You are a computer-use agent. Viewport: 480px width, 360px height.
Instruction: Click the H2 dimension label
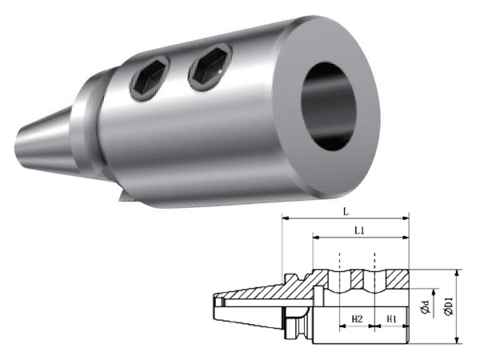[x=357, y=319]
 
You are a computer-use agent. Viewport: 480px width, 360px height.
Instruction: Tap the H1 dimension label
[x=391, y=319]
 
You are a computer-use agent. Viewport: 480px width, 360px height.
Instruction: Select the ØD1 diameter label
[x=450, y=306]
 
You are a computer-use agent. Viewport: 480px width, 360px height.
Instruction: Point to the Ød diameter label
[x=426, y=307]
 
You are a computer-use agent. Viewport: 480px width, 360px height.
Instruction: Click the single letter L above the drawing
[x=346, y=212]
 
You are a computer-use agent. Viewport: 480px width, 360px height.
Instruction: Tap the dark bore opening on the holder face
[x=329, y=106]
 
